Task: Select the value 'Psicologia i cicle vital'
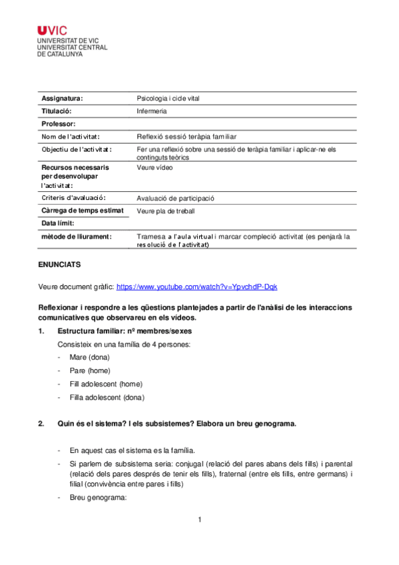point(167,99)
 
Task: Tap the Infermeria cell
point(151,111)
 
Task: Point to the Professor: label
point(59,124)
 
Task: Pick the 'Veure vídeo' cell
point(155,168)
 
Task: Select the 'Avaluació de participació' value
point(175,199)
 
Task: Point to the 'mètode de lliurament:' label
point(76,236)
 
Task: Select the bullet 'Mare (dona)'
point(89,358)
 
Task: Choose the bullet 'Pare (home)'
point(89,370)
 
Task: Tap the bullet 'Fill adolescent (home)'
point(105,384)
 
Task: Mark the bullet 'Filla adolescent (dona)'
point(107,397)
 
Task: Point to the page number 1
point(199,520)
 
